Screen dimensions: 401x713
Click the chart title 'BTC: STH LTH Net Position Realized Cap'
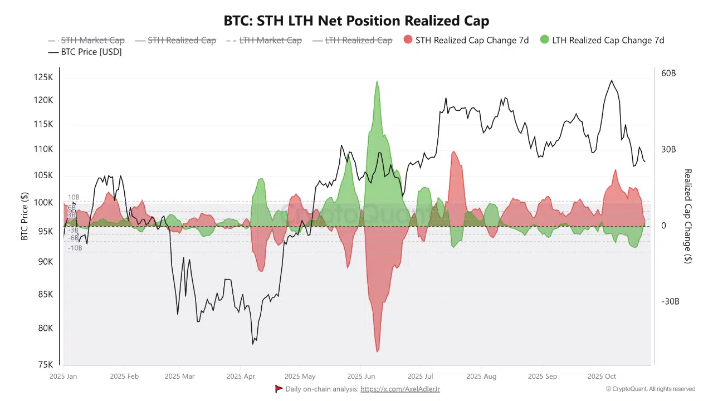[356, 21]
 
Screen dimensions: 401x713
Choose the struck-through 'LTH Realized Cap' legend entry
[352, 40]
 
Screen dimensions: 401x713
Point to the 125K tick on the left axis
[43, 77]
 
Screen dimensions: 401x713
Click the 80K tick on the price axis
[45, 328]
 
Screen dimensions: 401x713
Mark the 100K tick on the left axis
[43, 202]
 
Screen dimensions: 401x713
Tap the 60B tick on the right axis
[668, 74]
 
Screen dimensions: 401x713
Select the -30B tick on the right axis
[670, 301]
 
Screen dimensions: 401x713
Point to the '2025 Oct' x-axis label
[602, 376]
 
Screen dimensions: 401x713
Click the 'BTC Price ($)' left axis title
[25, 216]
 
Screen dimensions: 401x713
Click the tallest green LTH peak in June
[377, 82]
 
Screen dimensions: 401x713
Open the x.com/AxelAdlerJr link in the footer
[400, 389]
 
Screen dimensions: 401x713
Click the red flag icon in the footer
[279, 389]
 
